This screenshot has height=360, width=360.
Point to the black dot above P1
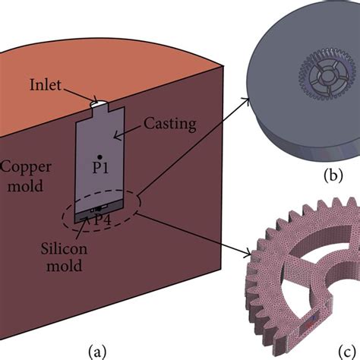[x=98, y=156]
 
